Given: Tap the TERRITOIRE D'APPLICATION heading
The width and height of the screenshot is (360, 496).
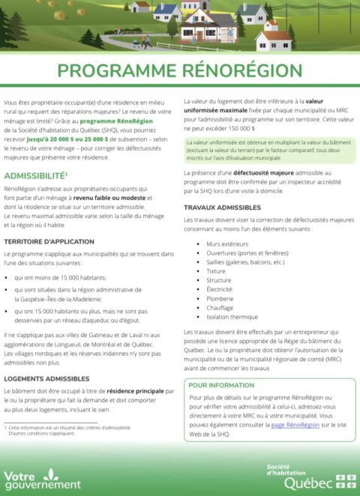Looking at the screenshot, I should coord(49,242).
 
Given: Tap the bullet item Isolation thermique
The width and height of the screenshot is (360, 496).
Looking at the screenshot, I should coord(232,316).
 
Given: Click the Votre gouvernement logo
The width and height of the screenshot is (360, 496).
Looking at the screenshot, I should coord(42,479).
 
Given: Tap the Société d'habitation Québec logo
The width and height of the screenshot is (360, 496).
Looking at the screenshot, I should coord(312,477).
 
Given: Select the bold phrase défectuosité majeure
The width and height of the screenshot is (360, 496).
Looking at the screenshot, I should coord(259,173).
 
